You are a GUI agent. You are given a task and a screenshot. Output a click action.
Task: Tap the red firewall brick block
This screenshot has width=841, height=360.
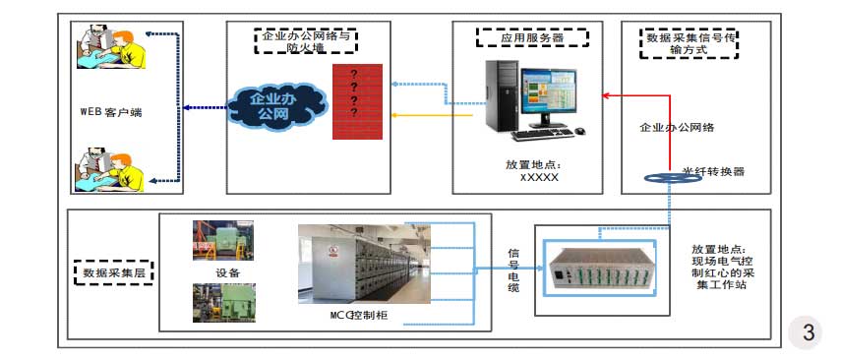tap(355, 102)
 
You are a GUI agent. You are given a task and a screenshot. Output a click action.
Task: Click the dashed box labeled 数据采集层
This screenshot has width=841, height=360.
tap(113, 270)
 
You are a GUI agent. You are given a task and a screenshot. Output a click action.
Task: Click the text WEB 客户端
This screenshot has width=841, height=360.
tap(111, 112)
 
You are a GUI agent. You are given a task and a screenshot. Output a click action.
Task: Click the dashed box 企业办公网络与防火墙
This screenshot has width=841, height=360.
tap(306, 40)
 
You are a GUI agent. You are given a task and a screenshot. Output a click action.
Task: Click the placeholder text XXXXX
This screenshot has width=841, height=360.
tap(538, 178)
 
